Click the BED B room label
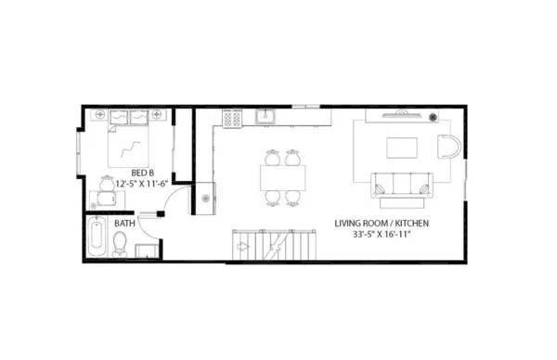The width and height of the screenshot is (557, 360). (x=142, y=173)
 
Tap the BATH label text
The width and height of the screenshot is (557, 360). (x=123, y=224)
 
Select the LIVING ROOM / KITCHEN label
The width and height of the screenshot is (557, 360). (x=382, y=224)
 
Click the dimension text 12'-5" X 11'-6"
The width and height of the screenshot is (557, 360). (x=141, y=184)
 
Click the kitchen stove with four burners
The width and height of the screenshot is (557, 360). (x=232, y=118)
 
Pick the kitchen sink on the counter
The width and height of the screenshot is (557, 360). (x=266, y=117)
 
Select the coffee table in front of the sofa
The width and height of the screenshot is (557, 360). (x=402, y=148)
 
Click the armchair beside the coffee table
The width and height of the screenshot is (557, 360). (x=447, y=148)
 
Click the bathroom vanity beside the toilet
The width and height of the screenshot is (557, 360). (x=145, y=251)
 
